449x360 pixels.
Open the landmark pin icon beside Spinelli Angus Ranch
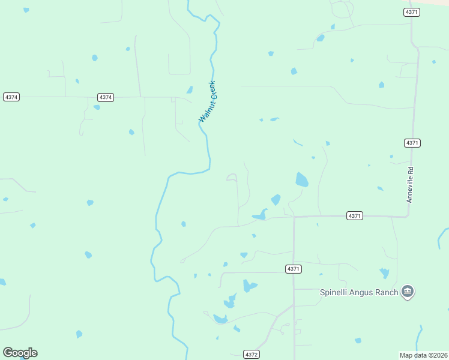408,292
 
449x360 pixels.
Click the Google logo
20,353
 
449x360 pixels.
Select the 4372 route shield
252,355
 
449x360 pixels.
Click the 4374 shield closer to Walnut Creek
105,97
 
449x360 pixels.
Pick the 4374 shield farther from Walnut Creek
11,97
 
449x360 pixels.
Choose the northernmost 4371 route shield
412,12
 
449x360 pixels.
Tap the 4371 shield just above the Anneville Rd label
412,143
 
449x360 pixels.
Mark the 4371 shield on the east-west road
355,216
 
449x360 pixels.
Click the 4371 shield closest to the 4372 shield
294,269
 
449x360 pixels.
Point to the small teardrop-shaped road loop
232,177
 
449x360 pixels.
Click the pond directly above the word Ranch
384,273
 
